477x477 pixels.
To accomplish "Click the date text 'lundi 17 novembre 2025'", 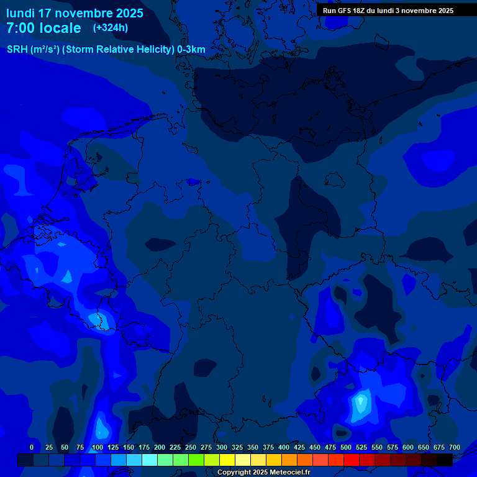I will pos(75,13).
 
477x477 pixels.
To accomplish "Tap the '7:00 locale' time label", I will pos(43,28).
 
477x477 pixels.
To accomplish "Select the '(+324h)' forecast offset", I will pos(111,28).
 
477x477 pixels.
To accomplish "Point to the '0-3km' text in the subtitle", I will pos(191,50).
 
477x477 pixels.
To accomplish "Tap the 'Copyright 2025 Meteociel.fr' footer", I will pos(264,472).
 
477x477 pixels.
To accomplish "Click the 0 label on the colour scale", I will pos(32,447).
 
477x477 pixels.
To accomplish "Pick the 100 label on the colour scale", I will pos(98,447).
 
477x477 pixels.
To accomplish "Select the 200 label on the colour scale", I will pos(160,447).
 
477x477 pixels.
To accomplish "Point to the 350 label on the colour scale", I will pos(253,447).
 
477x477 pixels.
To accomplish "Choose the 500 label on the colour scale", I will pos(346,447).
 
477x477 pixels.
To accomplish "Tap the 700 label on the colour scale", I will pos(455,447).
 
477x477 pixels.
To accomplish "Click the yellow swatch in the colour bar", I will pos(227,460).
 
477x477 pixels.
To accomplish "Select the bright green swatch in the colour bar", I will pos(196,460).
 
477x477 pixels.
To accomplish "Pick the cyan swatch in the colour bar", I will pos(150,460).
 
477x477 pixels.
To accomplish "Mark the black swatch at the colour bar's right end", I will pos(445,460).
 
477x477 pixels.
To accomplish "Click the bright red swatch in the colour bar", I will pos(352,460).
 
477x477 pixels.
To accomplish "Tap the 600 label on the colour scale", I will pos(408,447).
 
